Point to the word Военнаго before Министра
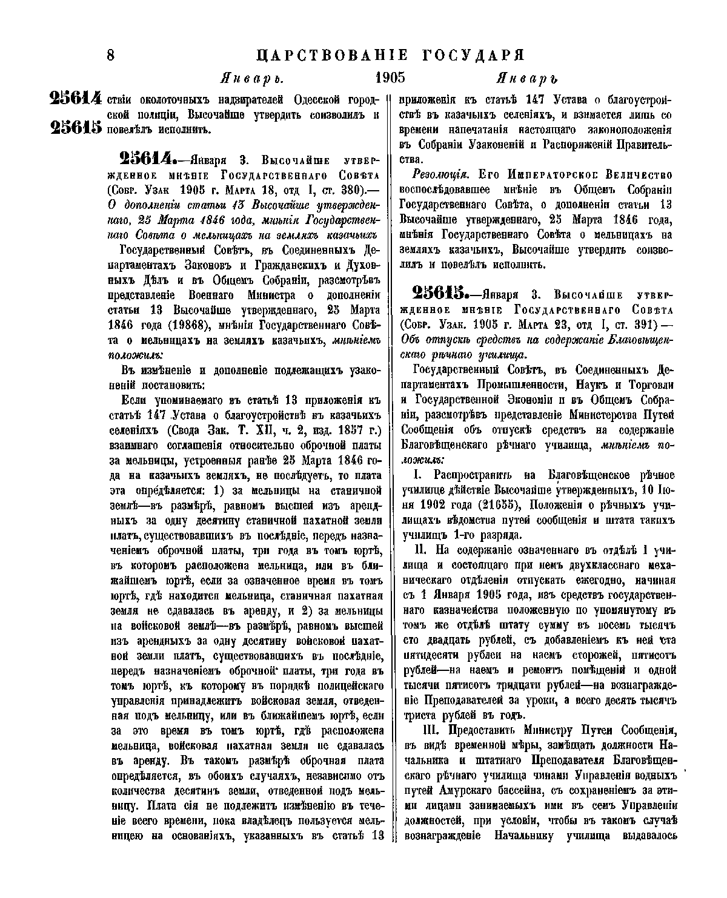(x=218, y=295)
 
